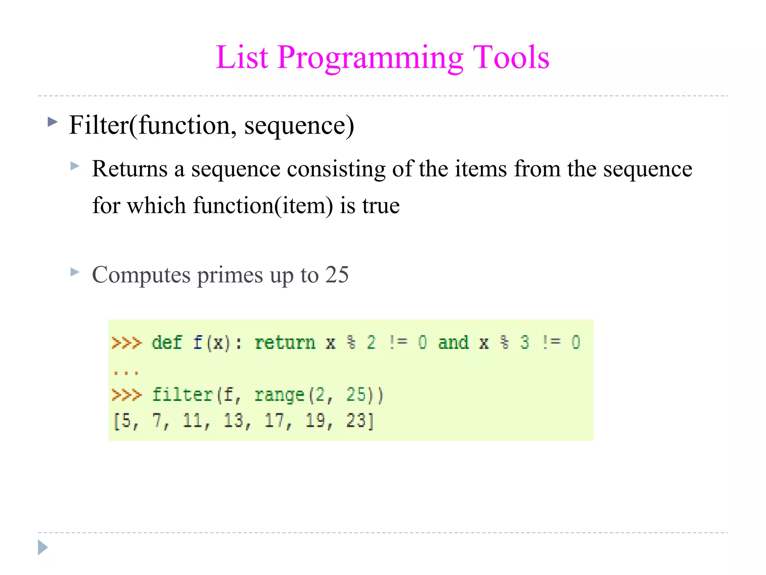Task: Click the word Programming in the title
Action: pos(370,58)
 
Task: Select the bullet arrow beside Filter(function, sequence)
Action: pos(53,122)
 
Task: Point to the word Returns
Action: pos(129,169)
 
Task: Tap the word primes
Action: pos(230,275)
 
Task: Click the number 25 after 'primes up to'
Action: pos(337,274)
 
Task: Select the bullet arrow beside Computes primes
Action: pos(75,272)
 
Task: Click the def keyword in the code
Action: pos(167,343)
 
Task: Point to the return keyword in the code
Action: pos(285,343)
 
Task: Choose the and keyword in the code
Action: pos(453,343)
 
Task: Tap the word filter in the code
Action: pos(182,395)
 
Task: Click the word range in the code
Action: pos(279,395)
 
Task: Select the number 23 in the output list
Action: pos(355,420)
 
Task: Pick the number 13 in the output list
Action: pos(233,420)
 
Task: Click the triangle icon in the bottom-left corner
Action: pos(43,547)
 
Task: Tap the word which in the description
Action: pos(156,206)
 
